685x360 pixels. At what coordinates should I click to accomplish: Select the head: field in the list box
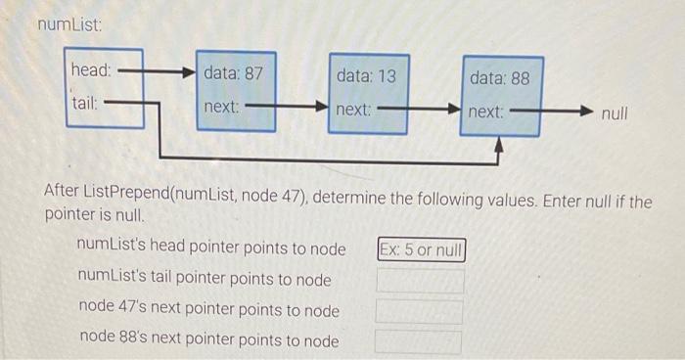pos(91,70)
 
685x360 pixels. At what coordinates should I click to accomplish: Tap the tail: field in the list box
pos(85,103)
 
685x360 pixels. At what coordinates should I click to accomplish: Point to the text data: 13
pos(366,74)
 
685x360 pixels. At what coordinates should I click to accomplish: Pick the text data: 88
pos(499,76)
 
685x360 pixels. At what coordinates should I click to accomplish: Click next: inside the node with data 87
pos(222,106)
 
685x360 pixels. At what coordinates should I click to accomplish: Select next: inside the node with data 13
pos(353,110)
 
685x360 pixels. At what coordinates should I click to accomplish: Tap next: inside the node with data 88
pos(486,112)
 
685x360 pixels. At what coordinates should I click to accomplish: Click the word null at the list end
pos(615,113)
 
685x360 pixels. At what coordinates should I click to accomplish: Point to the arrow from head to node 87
pos(157,71)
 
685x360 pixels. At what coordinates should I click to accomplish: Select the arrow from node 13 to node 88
pos(421,110)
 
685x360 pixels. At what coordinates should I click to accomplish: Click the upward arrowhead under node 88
pos(499,147)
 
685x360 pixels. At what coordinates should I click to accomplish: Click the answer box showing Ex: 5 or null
pos(421,249)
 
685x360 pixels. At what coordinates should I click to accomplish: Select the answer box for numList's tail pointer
pos(421,281)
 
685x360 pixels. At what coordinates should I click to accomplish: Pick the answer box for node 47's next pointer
pos(421,312)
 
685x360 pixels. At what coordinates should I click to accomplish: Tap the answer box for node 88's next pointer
pos(421,342)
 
